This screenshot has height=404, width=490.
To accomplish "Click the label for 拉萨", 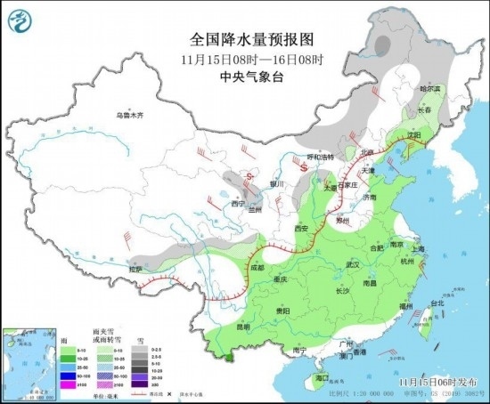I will pyautogui.click(x=135, y=268).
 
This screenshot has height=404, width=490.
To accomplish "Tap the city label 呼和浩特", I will pyautogui.click(x=316, y=157).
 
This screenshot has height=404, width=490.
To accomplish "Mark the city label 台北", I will pyautogui.click(x=437, y=303).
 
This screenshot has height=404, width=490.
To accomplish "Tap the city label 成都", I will pyautogui.click(x=257, y=267).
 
